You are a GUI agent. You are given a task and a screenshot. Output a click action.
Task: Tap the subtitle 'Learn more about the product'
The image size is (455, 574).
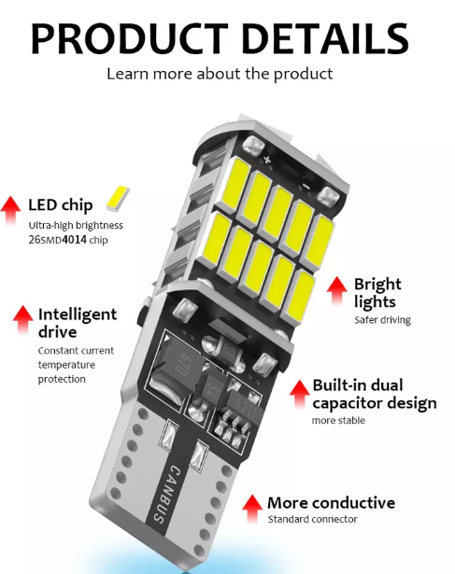click(x=220, y=74)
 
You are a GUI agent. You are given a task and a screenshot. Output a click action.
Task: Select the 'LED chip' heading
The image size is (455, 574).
click(x=61, y=204)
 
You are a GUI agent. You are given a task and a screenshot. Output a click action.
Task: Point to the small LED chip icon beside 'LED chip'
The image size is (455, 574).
click(x=118, y=198)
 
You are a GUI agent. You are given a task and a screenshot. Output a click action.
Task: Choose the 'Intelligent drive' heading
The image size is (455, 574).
click(x=78, y=323)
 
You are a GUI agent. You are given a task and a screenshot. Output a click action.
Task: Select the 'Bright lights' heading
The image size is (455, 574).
click(x=377, y=292)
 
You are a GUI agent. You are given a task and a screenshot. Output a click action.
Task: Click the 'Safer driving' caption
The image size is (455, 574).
click(x=382, y=320)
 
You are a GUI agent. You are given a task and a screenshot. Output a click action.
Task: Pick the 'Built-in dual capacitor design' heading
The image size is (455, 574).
click(x=374, y=394)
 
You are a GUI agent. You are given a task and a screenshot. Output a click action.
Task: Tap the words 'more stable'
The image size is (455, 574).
click(x=338, y=420)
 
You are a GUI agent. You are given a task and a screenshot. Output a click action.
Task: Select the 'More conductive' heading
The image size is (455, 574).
click(x=331, y=502)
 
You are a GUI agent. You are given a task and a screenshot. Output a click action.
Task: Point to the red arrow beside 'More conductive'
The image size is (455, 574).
click(x=251, y=506)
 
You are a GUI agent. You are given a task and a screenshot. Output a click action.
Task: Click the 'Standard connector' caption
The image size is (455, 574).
click(x=312, y=519)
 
